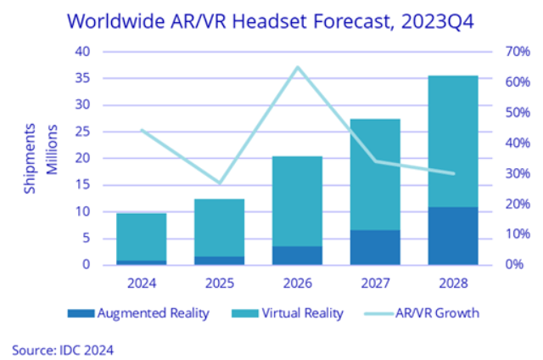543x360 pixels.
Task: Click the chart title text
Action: pyautogui.click(x=271, y=18)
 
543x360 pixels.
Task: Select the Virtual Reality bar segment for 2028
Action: pyautogui.click(x=452, y=141)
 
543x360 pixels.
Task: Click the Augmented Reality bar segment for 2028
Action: pyautogui.click(x=452, y=236)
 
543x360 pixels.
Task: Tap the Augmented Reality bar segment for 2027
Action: pyautogui.click(x=375, y=247)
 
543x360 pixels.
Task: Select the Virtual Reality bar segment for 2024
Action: pyautogui.click(x=142, y=237)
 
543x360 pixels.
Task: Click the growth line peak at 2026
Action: pyautogui.click(x=297, y=67)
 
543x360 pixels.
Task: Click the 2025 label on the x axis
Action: pyautogui.click(x=220, y=281)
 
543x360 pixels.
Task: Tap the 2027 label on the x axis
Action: pyautogui.click(x=375, y=281)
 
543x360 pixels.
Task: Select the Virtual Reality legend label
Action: pyautogui.click(x=304, y=313)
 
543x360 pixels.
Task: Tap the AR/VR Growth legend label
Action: pyautogui.click(x=437, y=313)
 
